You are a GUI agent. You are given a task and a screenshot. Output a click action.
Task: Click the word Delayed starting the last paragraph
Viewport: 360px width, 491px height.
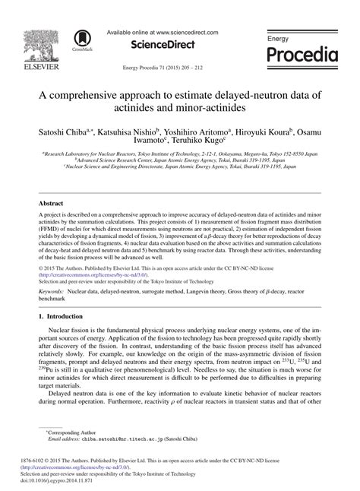(62, 404)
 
